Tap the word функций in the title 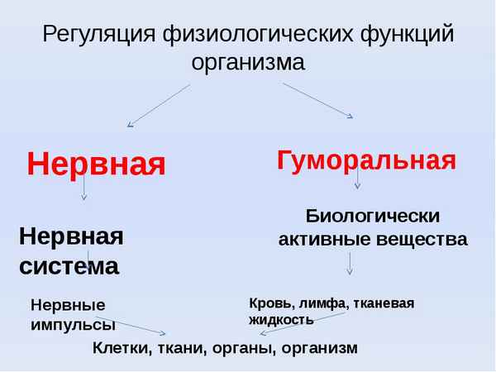[407, 35]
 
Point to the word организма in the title [248, 63]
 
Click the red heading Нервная [96, 164]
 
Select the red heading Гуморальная [366, 159]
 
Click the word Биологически [373, 216]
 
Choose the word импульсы [72, 324]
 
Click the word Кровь [269, 303]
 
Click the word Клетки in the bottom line [121, 348]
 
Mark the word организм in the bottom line [319, 348]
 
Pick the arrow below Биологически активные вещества [350, 263]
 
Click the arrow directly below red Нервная [84, 191]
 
